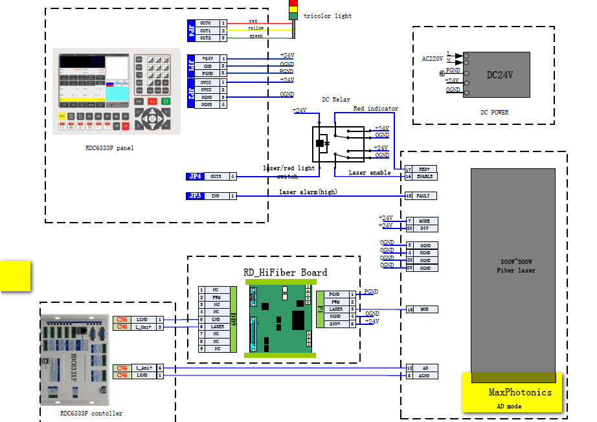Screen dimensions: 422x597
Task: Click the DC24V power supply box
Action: [499, 75]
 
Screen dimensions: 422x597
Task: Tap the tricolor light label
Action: [327, 16]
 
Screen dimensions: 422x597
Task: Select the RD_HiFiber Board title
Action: [285, 272]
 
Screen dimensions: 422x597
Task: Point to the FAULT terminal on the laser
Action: [424, 195]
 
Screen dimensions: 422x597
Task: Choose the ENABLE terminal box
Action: [424, 176]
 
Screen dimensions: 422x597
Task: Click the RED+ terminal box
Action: [424, 169]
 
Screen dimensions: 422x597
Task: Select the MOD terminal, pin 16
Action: [424, 309]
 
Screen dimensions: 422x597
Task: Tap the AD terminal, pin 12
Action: [424, 368]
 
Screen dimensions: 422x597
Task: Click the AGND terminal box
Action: [424, 375]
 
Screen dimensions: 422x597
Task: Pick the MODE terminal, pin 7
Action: [424, 221]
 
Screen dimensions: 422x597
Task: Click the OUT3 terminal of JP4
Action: [216, 176]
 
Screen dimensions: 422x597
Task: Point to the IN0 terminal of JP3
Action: [216, 195]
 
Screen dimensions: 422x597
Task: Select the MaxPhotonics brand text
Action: [520, 392]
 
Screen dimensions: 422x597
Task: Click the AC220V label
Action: [433, 59]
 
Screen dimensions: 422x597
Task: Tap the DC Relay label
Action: [335, 100]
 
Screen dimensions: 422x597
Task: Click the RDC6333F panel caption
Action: [109, 148]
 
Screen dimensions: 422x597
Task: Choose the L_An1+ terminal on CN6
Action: [142, 368]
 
